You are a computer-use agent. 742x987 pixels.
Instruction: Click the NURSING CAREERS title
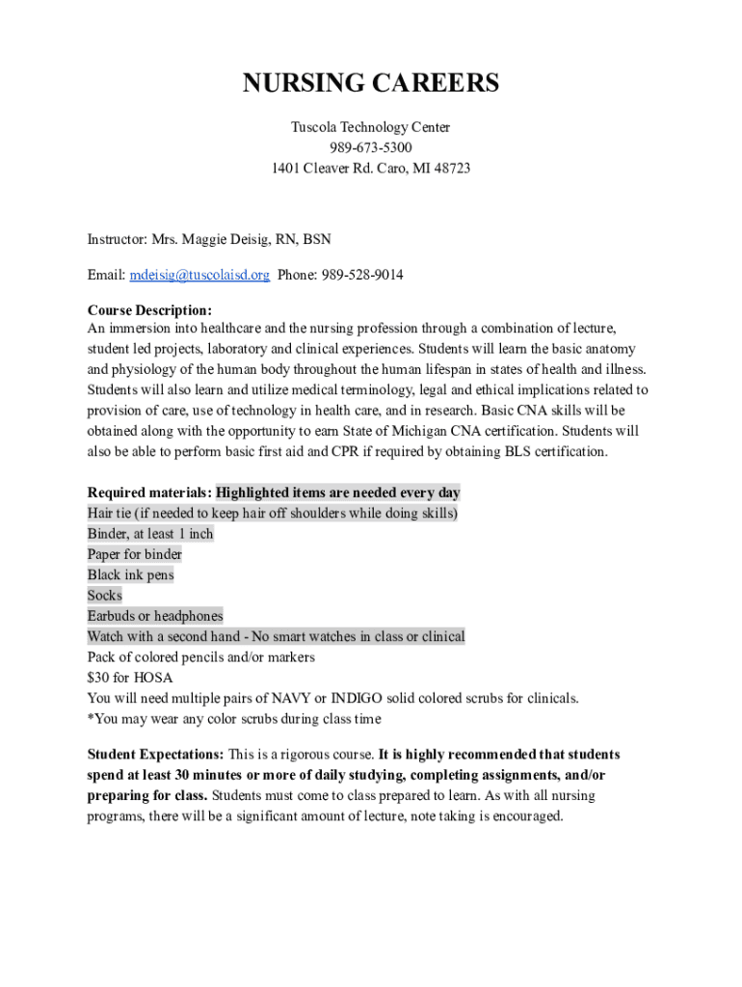pyautogui.click(x=371, y=84)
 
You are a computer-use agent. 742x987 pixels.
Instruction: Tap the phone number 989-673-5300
pyautogui.click(x=371, y=147)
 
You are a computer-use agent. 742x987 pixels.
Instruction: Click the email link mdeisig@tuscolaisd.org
pyautogui.click(x=199, y=275)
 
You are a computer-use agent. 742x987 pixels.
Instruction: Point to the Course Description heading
pyautogui.click(x=149, y=310)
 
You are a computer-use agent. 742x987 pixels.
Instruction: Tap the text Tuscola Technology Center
pyautogui.click(x=371, y=127)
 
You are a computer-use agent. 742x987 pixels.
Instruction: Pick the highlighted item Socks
pyautogui.click(x=105, y=596)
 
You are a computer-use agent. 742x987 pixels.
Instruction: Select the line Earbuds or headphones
pyautogui.click(x=155, y=616)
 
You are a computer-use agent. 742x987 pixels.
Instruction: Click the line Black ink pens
pyautogui.click(x=130, y=575)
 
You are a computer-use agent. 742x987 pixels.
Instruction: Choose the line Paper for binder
pyautogui.click(x=135, y=554)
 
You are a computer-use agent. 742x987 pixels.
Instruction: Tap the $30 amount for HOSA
pyautogui.click(x=99, y=678)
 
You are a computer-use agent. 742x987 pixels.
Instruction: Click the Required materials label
pyautogui.click(x=149, y=493)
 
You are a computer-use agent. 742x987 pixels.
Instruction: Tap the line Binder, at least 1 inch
pyautogui.click(x=150, y=534)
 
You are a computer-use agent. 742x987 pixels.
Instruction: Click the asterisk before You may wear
pyautogui.click(x=91, y=718)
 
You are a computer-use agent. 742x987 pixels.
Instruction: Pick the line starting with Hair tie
pyautogui.click(x=273, y=514)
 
